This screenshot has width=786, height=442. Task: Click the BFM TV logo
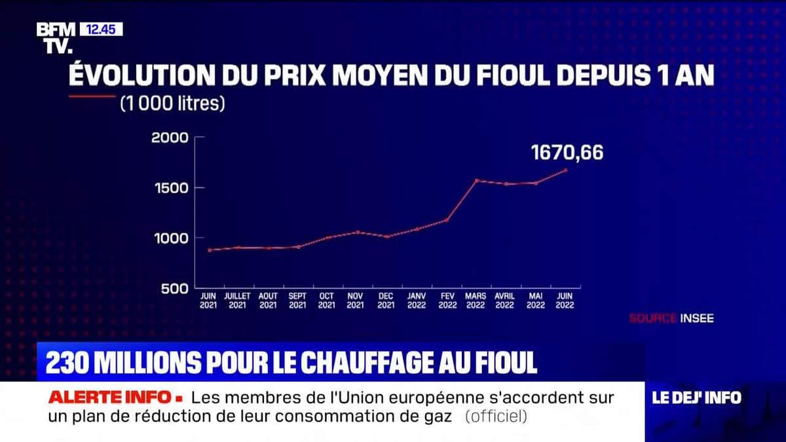pyautogui.click(x=56, y=37)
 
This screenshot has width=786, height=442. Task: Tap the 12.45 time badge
pyautogui.click(x=101, y=29)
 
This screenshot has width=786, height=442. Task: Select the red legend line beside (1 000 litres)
pyautogui.click(x=91, y=96)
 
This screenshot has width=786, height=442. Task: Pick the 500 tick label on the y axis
pyautogui.click(x=175, y=288)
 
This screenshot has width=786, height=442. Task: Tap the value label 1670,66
pyautogui.click(x=567, y=153)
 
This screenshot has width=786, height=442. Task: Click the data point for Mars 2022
pyautogui.click(x=476, y=180)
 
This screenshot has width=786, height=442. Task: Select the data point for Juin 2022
pyautogui.click(x=565, y=170)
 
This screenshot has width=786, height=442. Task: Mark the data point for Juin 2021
pyautogui.click(x=210, y=249)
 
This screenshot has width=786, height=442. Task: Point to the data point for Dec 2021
pyautogui.click(x=386, y=236)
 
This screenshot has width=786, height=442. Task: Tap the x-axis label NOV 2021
pyautogui.click(x=356, y=301)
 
